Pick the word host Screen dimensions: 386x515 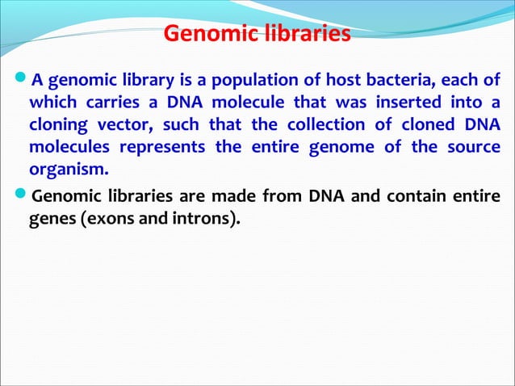point(334,81)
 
